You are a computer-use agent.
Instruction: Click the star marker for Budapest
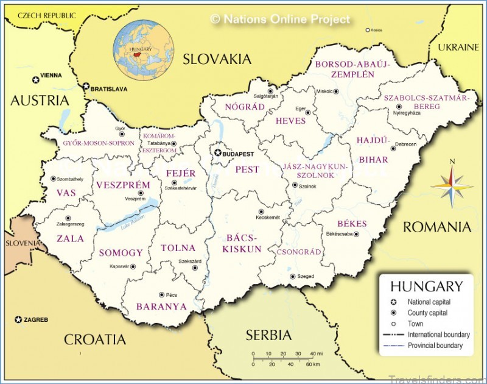217,154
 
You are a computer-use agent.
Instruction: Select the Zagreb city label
36,319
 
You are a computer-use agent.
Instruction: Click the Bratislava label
109,89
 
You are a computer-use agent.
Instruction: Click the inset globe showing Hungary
144,50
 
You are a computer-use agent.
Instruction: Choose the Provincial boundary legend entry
435,346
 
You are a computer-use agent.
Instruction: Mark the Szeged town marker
292,276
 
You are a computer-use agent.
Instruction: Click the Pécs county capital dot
161,294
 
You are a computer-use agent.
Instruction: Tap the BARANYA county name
161,307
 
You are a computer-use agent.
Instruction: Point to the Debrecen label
407,144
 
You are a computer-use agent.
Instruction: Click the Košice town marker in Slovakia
367,29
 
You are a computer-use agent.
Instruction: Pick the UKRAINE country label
459,47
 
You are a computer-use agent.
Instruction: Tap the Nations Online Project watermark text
281,20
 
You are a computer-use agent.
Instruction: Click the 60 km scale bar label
312,364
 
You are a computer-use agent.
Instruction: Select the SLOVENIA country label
20,243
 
